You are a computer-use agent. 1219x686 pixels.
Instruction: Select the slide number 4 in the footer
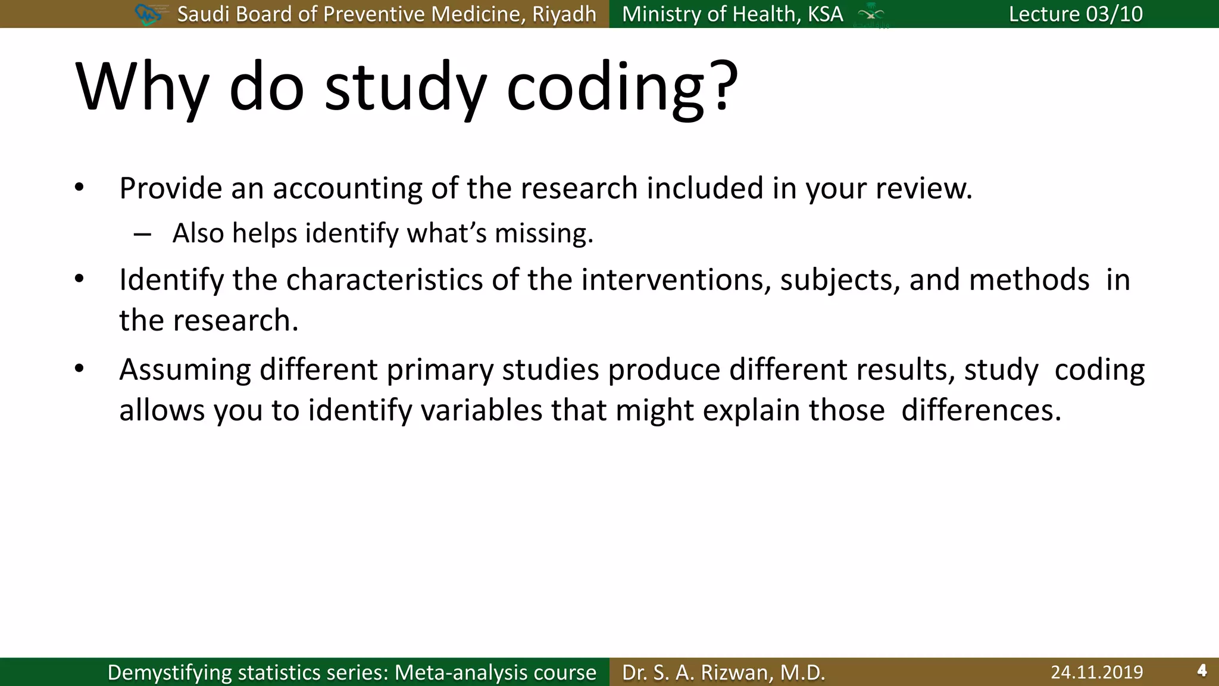tap(1202, 671)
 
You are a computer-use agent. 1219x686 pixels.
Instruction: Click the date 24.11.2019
tap(1096, 672)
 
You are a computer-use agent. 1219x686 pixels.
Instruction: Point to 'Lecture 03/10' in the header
tap(1076, 14)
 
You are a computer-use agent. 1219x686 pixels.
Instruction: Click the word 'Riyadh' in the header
tap(564, 14)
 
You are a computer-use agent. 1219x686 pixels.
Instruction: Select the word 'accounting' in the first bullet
tap(348, 189)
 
